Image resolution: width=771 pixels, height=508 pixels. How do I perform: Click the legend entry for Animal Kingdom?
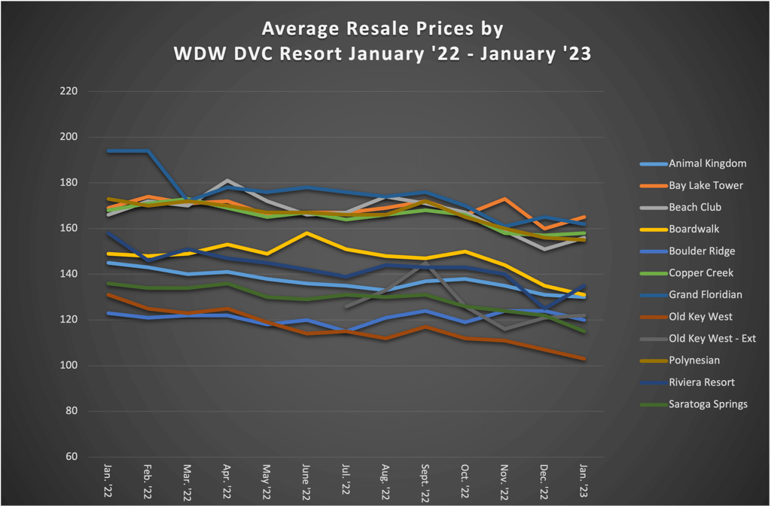(707, 163)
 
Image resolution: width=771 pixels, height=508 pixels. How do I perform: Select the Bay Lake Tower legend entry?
(705, 185)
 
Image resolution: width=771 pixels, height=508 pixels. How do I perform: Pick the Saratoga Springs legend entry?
(708, 404)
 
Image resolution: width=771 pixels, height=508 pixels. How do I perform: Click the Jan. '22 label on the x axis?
(107, 479)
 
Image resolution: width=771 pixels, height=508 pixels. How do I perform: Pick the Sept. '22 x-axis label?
(425, 482)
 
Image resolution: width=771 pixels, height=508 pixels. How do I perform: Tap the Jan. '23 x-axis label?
(584, 479)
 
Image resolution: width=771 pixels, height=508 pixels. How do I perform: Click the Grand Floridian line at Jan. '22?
(108, 151)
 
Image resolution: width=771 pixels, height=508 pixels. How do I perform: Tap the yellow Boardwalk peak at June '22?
(306, 233)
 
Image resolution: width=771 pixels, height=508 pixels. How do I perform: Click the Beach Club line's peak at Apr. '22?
(226, 181)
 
